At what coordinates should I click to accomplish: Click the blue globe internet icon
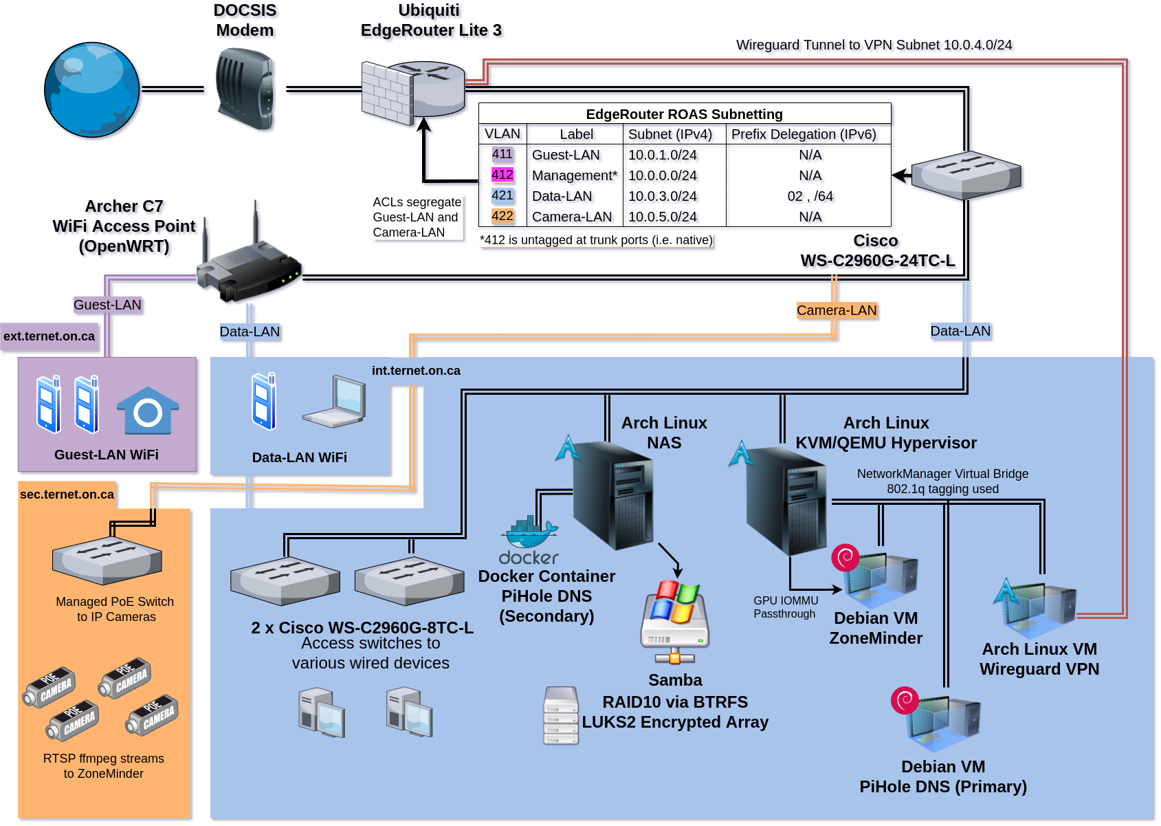point(92,90)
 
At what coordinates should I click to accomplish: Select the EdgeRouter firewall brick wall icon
point(387,94)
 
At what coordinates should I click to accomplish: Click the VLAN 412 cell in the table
point(502,175)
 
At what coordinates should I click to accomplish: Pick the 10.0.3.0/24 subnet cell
point(663,196)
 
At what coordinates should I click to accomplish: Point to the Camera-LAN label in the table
point(572,217)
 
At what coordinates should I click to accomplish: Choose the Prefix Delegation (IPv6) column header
point(804,134)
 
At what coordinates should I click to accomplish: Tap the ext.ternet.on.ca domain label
point(49,336)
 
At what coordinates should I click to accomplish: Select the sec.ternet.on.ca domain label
point(67,494)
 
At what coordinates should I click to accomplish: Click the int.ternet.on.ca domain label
point(416,371)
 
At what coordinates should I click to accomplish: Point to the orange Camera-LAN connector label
point(837,310)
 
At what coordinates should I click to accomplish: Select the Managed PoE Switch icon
point(107,560)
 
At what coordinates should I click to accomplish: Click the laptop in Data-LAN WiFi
point(335,402)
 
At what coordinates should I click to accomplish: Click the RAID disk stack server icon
point(561,715)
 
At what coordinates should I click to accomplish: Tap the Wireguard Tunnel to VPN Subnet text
point(874,45)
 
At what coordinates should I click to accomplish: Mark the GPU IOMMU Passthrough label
point(786,607)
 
